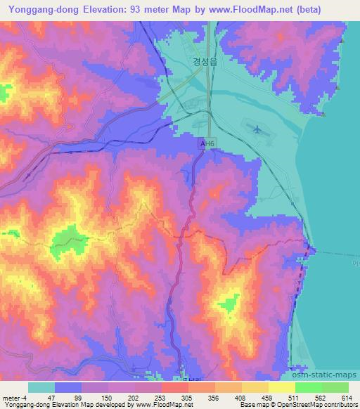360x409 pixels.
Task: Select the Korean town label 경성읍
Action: point(206,61)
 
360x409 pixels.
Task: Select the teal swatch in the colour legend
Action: point(41,387)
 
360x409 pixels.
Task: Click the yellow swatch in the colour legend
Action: point(281,387)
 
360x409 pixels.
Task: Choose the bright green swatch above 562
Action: point(308,387)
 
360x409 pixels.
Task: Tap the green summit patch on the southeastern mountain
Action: point(229,304)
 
